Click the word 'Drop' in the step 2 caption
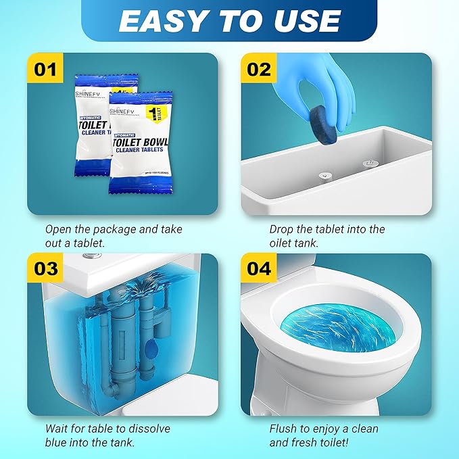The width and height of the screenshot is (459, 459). click(x=283, y=230)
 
